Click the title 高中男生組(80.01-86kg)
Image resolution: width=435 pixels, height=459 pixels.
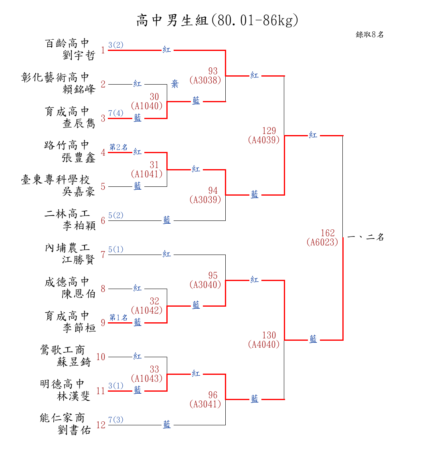(217, 20)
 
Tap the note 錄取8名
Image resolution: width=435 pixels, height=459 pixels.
(370, 35)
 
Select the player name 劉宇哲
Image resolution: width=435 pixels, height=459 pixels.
(79, 55)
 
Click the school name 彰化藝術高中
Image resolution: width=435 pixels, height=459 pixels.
(55, 77)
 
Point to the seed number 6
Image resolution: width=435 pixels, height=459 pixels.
(103, 221)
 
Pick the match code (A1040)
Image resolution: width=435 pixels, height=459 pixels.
(147, 106)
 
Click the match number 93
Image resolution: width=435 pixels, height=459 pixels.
(213, 72)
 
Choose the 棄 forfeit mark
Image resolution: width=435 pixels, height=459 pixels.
(175, 85)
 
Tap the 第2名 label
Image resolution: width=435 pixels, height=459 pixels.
(119, 147)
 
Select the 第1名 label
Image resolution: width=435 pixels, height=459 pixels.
(119, 317)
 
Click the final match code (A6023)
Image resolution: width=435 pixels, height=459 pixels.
(322, 242)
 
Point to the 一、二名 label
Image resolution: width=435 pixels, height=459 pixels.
(365, 237)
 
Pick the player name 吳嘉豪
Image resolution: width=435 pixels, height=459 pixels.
(79, 192)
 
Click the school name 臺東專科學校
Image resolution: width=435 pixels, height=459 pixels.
(55, 180)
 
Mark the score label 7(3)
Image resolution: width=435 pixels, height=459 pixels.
(116, 420)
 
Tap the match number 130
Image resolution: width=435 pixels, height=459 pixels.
(269, 335)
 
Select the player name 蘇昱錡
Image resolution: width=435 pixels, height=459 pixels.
(74, 362)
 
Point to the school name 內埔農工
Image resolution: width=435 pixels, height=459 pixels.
(67, 248)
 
